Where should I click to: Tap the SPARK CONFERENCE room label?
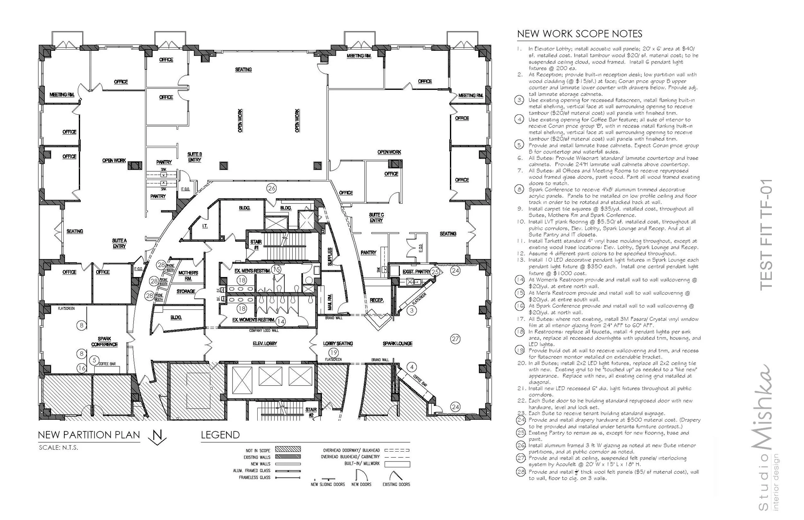pos(105,341)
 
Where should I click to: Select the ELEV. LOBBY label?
pos(265,344)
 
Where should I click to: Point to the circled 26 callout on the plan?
pos(272,188)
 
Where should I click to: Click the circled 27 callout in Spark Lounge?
pos(455,339)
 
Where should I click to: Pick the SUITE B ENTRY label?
pos(195,157)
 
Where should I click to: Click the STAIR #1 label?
pos(256,245)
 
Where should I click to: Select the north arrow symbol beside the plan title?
pos(157,438)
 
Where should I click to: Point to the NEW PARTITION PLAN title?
pos(89,435)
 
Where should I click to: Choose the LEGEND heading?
pos(220,435)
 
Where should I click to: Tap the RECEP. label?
pos(376,300)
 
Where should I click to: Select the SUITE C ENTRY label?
pos(376,218)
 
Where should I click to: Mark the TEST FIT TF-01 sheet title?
pos(766,234)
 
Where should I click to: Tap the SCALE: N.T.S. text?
pos(59,448)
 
